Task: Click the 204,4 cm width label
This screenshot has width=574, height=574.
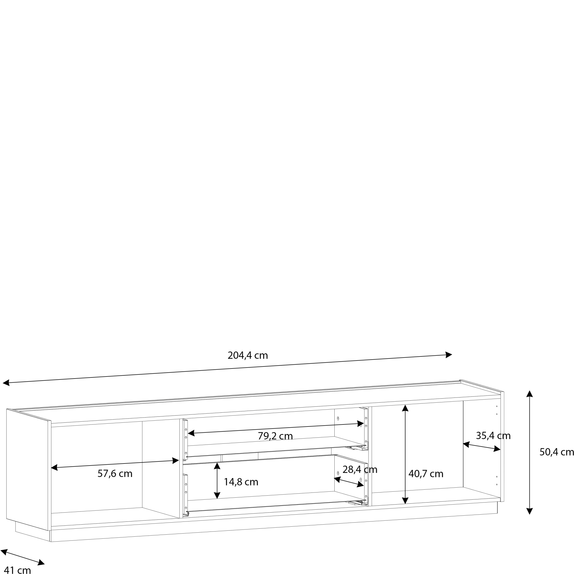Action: [247, 355]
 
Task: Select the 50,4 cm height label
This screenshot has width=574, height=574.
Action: [556, 452]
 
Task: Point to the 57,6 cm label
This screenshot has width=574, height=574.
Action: [115, 474]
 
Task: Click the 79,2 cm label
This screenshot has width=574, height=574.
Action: [275, 436]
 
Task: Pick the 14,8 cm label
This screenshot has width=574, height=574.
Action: [241, 482]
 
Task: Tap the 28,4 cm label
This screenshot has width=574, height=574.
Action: [360, 470]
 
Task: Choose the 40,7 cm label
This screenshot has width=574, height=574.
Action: [425, 474]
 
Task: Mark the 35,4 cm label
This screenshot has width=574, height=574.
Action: [493, 436]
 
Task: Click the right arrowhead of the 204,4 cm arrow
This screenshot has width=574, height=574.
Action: [449, 355]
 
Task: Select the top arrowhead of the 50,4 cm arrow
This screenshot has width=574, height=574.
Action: [530, 394]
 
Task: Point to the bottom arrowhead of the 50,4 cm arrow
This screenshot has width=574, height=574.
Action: [530, 511]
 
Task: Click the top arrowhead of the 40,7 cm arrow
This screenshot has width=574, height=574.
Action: [405, 408]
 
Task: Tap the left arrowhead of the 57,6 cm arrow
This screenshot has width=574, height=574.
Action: [54, 468]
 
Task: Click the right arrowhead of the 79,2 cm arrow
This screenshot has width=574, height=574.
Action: [361, 424]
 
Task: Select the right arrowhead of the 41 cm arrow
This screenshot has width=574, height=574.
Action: [41, 563]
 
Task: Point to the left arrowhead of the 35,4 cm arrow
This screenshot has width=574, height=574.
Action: [466, 445]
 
